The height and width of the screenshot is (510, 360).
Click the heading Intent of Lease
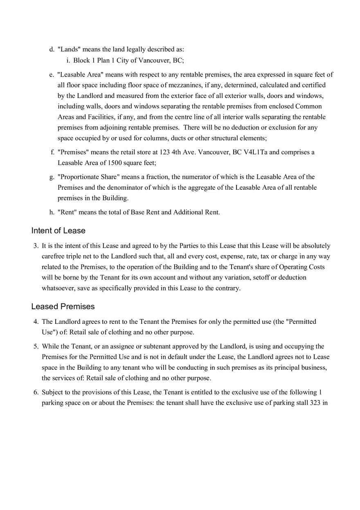[x=58, y=231]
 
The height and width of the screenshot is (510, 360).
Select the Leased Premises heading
[x=63, y=306]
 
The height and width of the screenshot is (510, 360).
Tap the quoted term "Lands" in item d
[x=69, y=49]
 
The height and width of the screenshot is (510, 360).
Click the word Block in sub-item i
[x=82, y=61]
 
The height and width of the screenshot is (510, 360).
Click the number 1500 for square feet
[x=115, y=163]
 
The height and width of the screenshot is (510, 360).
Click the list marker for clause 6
[x=36, y=392]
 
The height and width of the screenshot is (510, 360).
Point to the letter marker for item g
[x=52, y=177]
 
